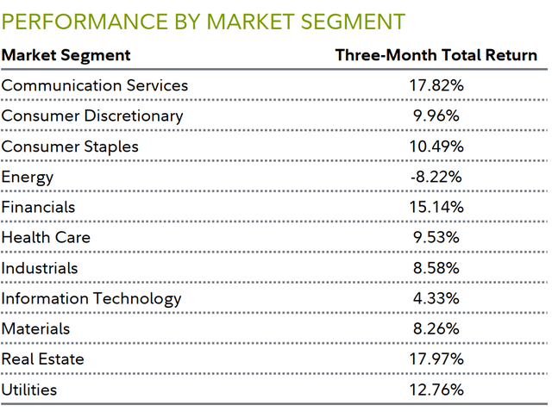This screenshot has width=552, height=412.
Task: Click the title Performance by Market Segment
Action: click(x=204, y=20)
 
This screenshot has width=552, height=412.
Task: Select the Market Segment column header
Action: click(x=66, y=56)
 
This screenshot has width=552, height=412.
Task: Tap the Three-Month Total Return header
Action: click(x=436, y=56)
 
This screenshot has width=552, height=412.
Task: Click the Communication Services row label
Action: click(x=95, y=85)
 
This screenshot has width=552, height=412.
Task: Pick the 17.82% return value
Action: click(x=436, y=85)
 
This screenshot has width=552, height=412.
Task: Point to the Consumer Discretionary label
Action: click(x=92, y=115)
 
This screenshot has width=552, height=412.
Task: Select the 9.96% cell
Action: click(x=436, y=115)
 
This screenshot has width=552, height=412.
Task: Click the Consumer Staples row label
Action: click(x=70, y=147)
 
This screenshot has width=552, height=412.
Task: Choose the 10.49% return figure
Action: click(x=436, y=147)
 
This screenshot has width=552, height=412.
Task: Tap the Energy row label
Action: click(x=28, y=177)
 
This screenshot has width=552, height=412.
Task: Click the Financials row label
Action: click(x=39, y=207)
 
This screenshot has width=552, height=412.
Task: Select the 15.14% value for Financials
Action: click(x=436, y=207)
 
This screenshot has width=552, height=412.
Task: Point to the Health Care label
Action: click(x=46, y=237)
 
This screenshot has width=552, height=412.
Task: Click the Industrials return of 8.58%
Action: click(x=436, y=268)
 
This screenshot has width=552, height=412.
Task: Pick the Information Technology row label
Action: click(x=91, y=298)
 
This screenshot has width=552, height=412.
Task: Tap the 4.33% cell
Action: click(x=436, y=298)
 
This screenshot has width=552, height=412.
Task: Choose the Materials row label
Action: click(x=36, y=328)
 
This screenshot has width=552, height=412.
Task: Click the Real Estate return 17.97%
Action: click(x=436, y=359)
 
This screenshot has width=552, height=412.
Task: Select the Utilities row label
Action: click(x=29, y=390)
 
